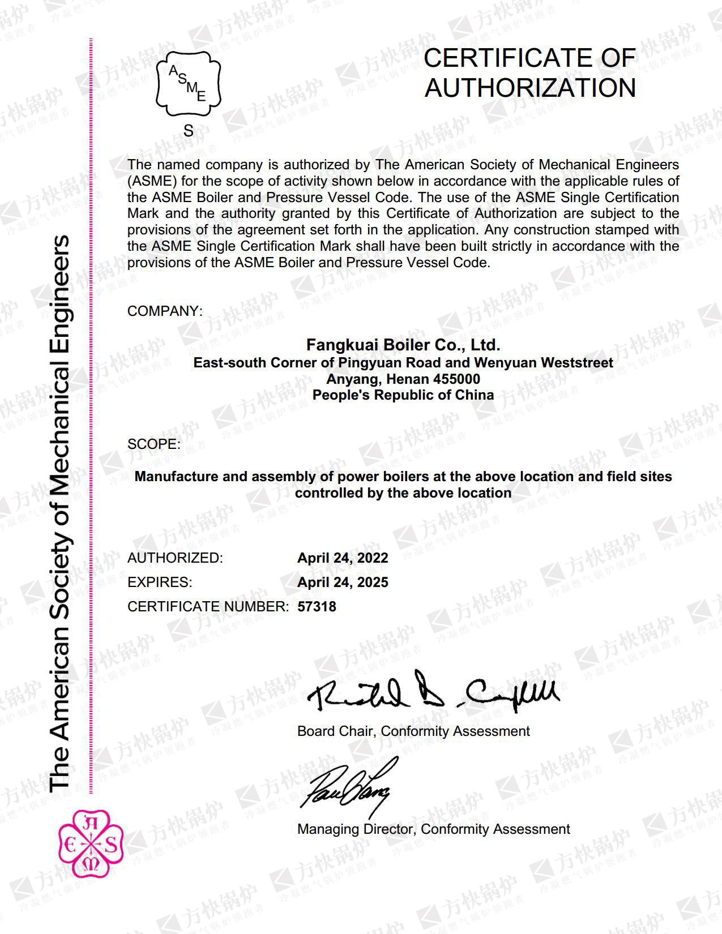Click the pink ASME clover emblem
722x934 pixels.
[91, 843]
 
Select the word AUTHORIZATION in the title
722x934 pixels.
[530, 88]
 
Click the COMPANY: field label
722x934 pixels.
[164, 311]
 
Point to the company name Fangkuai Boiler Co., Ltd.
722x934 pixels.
[403, 345]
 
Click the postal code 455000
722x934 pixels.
[456, 379]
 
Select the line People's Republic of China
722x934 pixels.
[403, 395]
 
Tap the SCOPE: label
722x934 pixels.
[154, 444]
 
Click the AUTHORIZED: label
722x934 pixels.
[175, 558]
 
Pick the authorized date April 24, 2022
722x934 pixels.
[343, 558]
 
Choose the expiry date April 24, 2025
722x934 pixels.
[343, 582]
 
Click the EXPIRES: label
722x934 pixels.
[160, 582]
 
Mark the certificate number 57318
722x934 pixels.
[317, 607]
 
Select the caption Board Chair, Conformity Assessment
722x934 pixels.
[413, 731]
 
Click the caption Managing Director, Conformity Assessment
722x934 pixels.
[433, 829]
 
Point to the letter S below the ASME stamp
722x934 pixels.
[189, 131]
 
